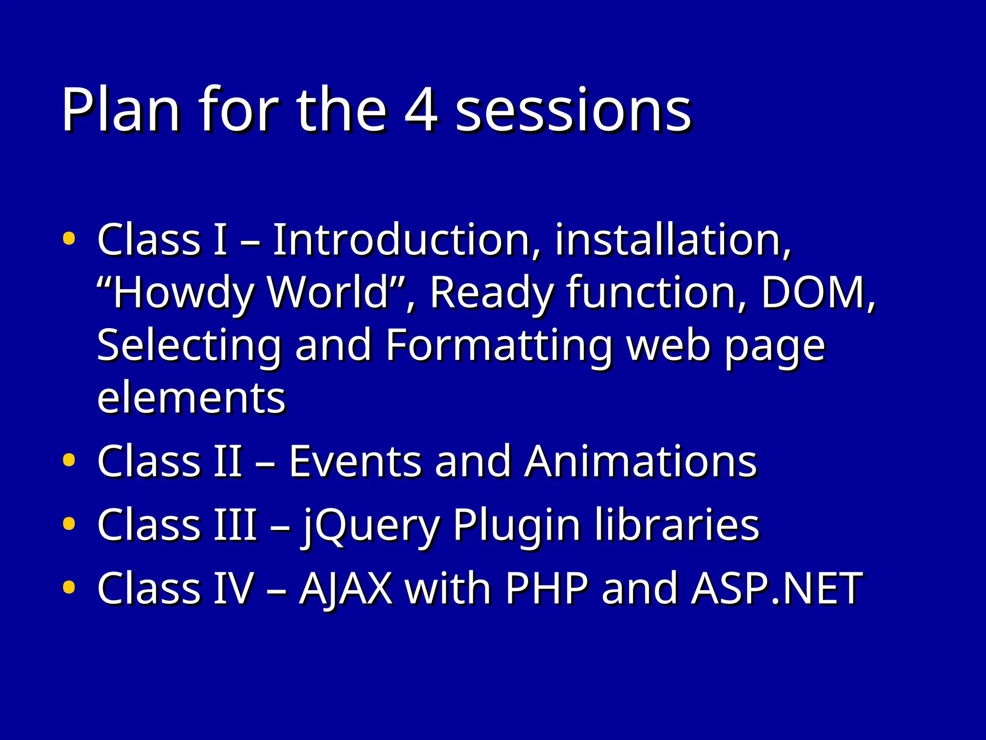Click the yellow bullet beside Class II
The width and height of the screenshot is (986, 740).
pos(69,460)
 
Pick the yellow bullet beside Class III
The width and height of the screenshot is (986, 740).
pos(69,524)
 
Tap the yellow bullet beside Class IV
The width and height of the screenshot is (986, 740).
pos(69,587)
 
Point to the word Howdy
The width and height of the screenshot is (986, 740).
pos(183,292)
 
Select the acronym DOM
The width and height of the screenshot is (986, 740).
pos(814,292)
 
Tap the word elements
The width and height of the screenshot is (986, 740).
pos(191,399)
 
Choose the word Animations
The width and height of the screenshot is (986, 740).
pos(641,462)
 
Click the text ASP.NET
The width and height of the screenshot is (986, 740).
pos(777,588)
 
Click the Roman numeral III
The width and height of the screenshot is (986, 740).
pos(235,525)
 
